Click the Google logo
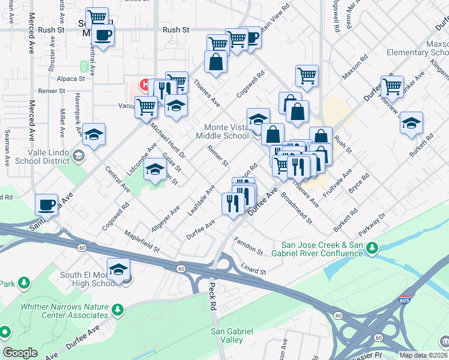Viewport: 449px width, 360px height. [x=20, y=353]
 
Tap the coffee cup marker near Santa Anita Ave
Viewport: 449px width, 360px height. [x=46, y=205]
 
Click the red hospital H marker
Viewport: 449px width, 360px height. [x=144, y=83]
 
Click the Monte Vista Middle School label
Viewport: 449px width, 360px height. [x=226, y=131]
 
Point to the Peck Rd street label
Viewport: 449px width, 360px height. [x=212, y=298]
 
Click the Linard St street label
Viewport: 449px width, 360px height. [x=253, y=268]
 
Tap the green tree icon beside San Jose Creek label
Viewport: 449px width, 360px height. [x=373, y=247]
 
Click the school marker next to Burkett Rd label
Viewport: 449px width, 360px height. [x=411, y=123]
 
